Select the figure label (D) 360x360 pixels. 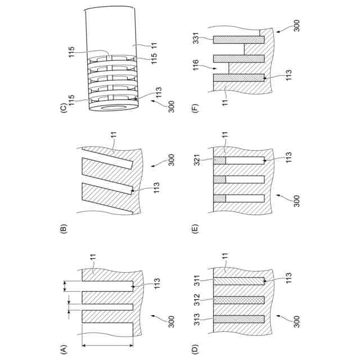[x=195, y=349]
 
